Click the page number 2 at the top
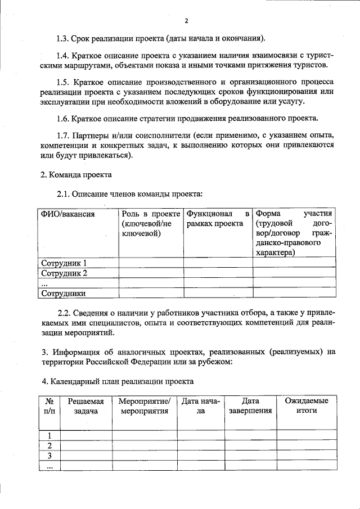(x=186, y=21)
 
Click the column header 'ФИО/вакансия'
(x=66, y=214)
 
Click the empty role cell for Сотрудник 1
(x=150, y=263)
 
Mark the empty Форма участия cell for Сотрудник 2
(x=294, y=273)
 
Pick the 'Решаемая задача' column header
(x=86, y=406)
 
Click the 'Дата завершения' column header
(x=250, y=406)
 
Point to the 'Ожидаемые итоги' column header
(x=307, y=406)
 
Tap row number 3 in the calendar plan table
(x=49, y=456)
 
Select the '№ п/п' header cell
(x=49, y=406)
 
